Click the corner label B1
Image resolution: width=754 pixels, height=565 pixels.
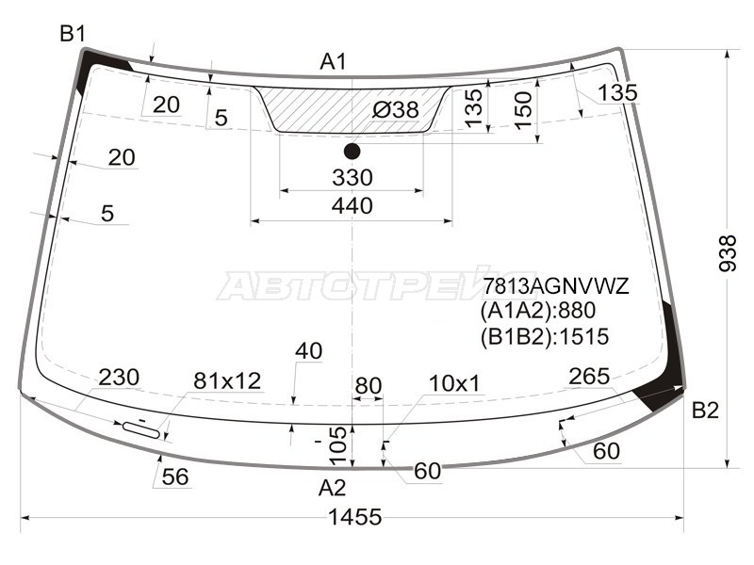point(73,34)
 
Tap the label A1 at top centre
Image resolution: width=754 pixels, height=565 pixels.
point(334,62)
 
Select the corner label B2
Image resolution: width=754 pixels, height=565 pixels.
point(705,411)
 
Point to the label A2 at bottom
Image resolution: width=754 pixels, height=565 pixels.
point(333,488)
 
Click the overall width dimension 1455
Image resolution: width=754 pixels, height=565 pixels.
point(355,517)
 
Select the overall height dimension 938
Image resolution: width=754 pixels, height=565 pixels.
point(728,253)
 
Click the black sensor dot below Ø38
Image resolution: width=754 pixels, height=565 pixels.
point(352,152)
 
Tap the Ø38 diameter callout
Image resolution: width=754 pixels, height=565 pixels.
point(396,110)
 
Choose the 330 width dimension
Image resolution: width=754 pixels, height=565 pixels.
point(352,178)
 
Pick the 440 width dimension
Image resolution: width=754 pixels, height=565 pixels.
point(352,206)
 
